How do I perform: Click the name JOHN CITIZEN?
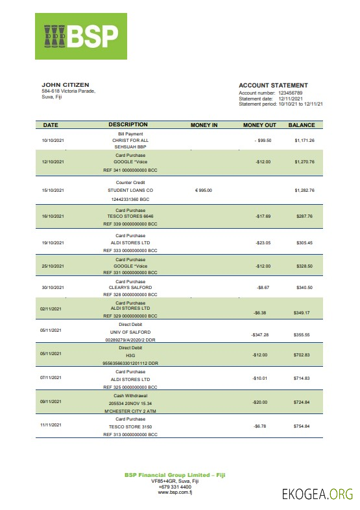coord(66,85)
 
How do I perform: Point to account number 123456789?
coord(293,93)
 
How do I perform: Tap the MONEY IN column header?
coord(204,125)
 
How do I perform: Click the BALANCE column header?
coord(302,125)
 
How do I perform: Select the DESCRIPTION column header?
coord(128,124)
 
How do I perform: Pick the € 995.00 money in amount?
coord(204,191)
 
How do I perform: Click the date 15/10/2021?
coord(53,191)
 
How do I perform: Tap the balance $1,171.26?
coord(304,140)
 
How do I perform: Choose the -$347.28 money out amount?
coord(259,335)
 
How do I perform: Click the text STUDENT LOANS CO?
coord(130,191)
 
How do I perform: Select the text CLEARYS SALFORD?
coord(130,287)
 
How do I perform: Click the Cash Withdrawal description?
coord(130,395)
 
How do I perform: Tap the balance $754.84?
coord(302,426)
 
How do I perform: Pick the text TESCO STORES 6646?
coord(130,216)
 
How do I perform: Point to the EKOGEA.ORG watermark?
coord(317,494)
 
